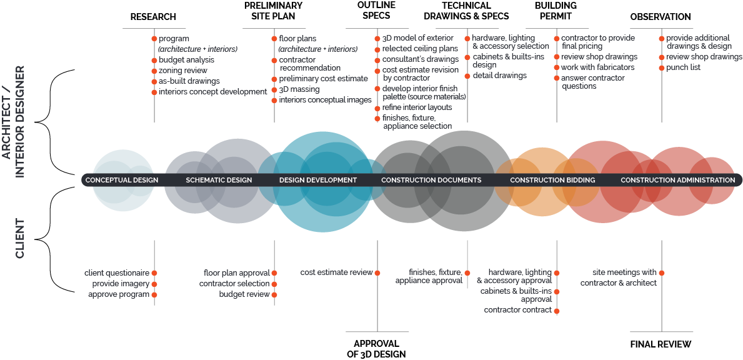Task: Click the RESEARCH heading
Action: click(153, 17)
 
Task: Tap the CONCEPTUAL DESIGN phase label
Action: click(122, 180)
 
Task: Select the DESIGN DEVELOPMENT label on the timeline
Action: click(318, 180)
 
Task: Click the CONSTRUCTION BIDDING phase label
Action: click(552, 180)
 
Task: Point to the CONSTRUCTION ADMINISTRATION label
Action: click(678, 180)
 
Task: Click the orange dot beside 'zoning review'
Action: click(154, 71)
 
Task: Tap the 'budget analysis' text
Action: click(187, 60)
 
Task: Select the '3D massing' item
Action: click(299, 89)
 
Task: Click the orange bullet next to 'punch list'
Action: click(662, 67)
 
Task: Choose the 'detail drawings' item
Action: click(499, 76)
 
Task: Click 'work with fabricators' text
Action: click(597, 67)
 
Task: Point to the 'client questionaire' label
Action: click(117, 273)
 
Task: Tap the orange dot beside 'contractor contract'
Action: click(557, 311)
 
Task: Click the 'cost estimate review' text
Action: click(336, 272)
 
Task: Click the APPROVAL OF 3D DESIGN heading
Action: click(377, 349)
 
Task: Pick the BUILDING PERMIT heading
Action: click(556, 11)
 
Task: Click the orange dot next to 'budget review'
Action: click(274, 294)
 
